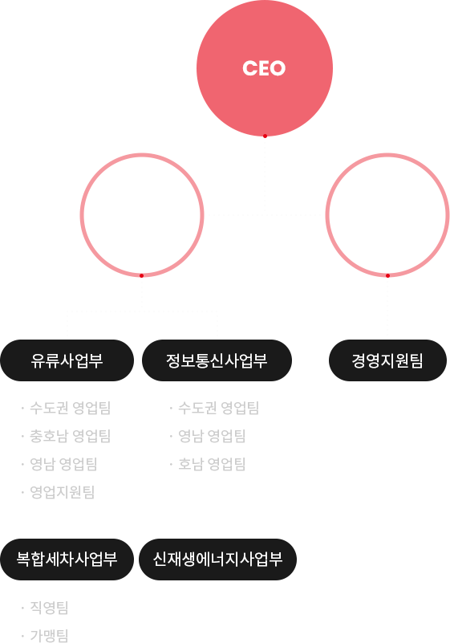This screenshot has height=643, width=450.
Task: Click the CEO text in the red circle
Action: click(x=264, y=68)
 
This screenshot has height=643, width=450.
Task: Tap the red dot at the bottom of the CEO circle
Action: click(x=265, y=136)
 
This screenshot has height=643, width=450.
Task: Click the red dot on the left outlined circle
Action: click(x=141, y=275)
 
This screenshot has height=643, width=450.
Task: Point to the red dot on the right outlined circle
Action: click(x=387, y=275)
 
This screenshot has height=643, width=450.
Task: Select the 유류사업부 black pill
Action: click(x=67, y=360)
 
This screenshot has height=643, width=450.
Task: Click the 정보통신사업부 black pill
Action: click(x=217, y=360)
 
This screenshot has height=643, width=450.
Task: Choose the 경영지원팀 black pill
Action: click(x=387, y=360)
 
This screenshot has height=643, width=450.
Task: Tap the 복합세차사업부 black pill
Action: click(x=67, y=560)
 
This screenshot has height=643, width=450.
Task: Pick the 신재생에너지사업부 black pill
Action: click(x=217, y=560)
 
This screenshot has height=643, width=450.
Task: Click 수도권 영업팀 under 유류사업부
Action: click(x=71, y=408)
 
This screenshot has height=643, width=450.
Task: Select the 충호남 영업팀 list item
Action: click(x=71, y=436)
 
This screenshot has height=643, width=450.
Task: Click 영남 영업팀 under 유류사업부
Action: click(x=63, y=464)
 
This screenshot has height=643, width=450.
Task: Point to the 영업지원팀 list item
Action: click(x=63, y=492)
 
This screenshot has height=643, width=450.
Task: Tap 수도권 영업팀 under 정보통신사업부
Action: click(x=218, y=408)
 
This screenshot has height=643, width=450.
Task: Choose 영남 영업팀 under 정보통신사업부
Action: click(x=212, y=436)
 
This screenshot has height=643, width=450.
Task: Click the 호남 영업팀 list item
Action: click(x=212, y=464)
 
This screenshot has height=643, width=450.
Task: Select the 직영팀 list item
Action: click(x=49, y=608)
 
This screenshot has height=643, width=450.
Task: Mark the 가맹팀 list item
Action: click(x=49, y=635)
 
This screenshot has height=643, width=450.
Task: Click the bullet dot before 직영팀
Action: click(x=22, y=608)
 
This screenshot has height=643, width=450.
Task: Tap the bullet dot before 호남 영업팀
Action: click(x=171, y=465)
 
